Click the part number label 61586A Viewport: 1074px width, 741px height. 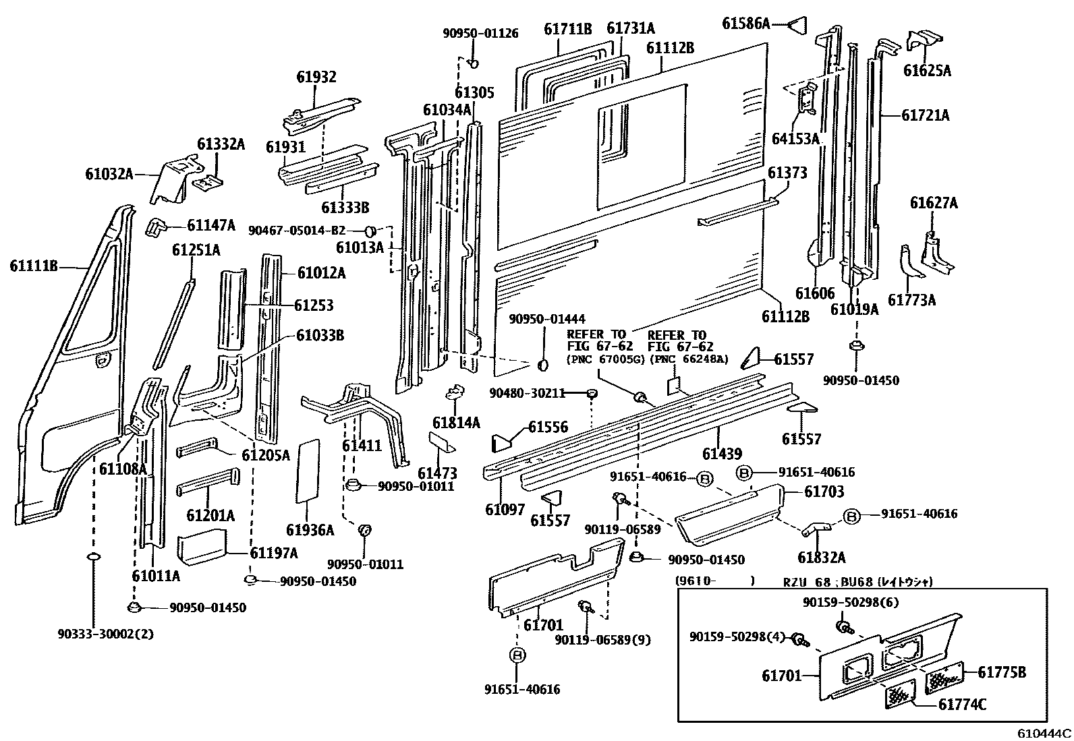tap(745, 24)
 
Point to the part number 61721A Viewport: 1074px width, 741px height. tap(925, 115)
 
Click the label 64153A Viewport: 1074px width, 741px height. tap(795, 139)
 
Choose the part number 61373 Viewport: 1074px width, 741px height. tap(787, 173)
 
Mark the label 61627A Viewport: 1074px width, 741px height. tap(934, 203)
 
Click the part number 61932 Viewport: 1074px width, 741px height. tap(316, 78)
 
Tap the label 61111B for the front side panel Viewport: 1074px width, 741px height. tap(34, 266)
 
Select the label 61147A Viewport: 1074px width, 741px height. tap(211, 225)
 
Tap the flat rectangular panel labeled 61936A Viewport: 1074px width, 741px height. tap(308, 472)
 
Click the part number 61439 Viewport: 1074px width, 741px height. tap(721, 454)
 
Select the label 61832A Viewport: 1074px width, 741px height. tap(821, 558)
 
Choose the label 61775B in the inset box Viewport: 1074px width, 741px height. tap(1002, 672)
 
